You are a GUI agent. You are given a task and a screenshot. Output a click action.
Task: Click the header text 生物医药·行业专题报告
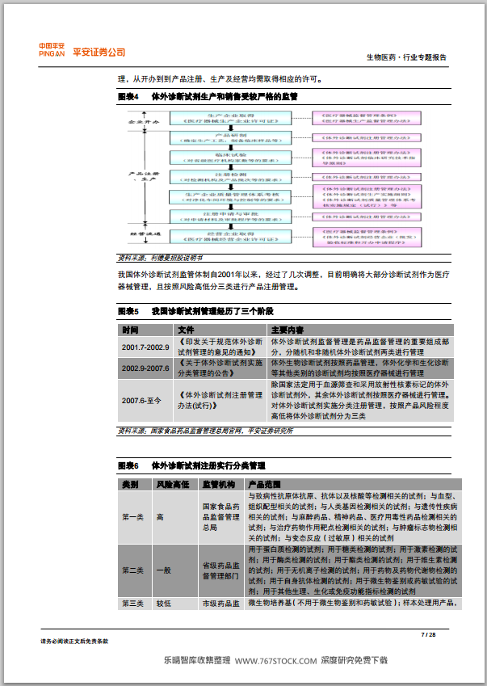click(x=405, y=57)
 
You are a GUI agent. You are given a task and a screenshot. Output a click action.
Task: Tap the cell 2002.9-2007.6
click(x=145, y=368)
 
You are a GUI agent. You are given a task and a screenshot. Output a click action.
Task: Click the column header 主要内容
click(x=288, y=330)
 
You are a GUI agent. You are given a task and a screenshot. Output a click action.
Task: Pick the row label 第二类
click(x=132, y=570)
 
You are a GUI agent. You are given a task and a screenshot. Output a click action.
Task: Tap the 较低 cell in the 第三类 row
click(x=164, y=604)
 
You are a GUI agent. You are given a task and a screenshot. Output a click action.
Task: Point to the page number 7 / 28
click(x=428, y=635)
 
